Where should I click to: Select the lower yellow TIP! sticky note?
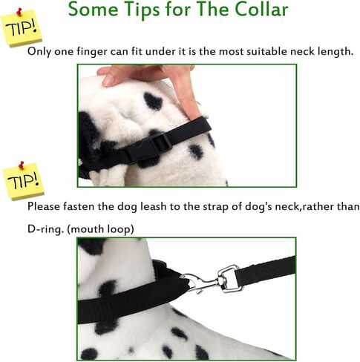[x=24, y=181]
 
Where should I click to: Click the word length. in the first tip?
[x=333, y=52]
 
